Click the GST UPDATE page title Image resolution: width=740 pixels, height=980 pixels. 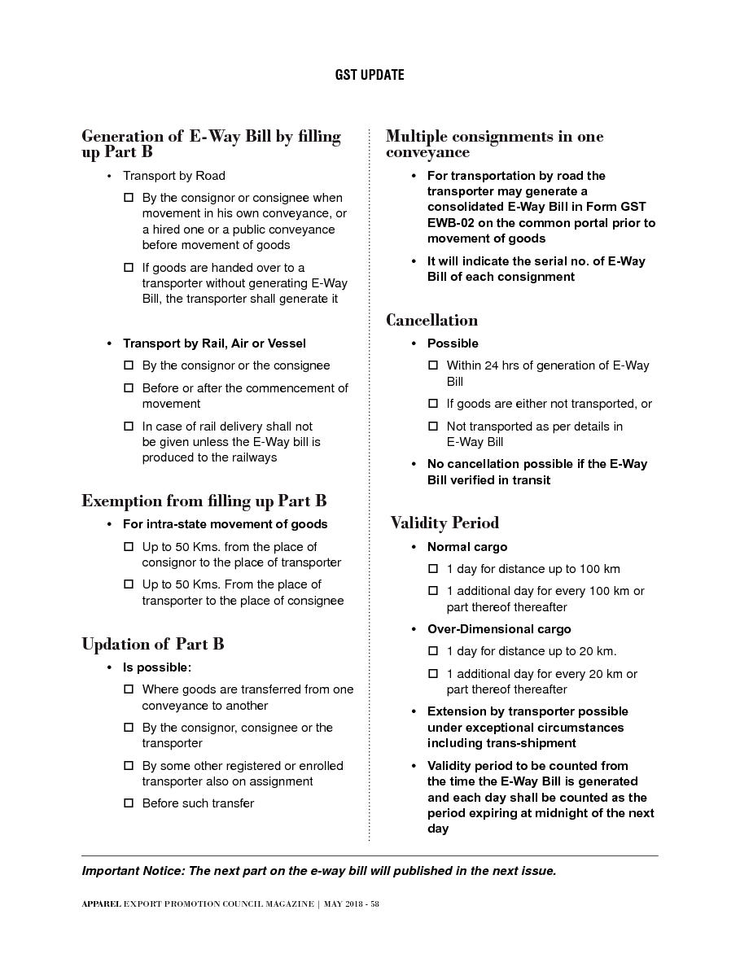point(370,75)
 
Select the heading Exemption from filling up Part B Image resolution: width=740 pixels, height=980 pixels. point(204,501)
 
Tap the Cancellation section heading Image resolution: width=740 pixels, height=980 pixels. point(431,320)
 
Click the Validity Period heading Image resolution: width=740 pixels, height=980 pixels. point(444,523)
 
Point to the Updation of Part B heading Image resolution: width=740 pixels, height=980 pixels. point(152,645)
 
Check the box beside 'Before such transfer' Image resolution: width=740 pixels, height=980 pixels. point(128,803)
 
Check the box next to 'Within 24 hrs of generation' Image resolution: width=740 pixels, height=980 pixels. point(433,365)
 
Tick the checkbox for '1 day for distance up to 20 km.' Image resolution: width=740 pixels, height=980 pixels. point(433,651)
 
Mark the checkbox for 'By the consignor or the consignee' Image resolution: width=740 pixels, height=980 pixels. point(128,365)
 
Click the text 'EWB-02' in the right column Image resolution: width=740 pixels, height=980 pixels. point(450,222)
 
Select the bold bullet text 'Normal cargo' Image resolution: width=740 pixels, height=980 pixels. point(467,547)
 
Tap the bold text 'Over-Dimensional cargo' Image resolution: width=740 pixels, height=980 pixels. point(499,629)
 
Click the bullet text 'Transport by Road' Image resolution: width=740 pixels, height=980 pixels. point(174,176)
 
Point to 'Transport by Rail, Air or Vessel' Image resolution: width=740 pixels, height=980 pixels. point(214,343)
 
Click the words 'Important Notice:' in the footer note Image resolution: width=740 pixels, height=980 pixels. point(133,871)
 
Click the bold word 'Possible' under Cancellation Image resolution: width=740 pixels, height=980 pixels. point(453,343)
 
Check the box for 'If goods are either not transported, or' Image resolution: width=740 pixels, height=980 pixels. point(433,404)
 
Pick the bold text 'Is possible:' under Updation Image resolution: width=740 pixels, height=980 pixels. point(157,667)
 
